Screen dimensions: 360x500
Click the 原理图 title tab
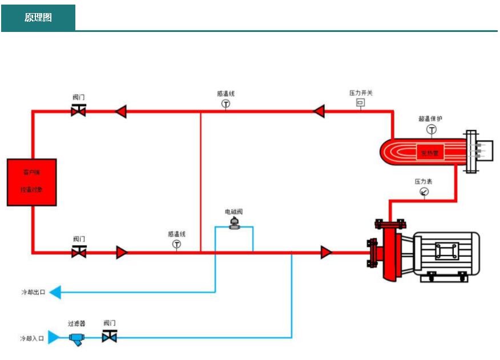(x=38, y=18)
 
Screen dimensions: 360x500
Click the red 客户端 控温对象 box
(x=31, y=182)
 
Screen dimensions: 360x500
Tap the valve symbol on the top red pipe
(x=79, y=111)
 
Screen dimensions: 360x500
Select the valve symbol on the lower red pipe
(x=79, y=252)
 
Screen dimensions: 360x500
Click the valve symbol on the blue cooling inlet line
(x=109, y=337)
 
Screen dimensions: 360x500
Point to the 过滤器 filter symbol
(x=76, y=338)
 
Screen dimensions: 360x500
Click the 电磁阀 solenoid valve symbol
(x=234, y=224)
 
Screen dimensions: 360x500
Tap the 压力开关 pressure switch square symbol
(x=360, y=103)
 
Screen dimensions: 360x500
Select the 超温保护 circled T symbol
(x=432, y=130)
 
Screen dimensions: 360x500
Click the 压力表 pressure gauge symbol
(x=424, y=192)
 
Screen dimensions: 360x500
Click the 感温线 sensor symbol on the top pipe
(x=225, y=104)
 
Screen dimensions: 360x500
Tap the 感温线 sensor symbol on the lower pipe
(x=176, y=244)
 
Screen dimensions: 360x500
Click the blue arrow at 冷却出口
(x=55, y=293)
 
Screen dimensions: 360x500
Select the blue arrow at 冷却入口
(x=54, y=338)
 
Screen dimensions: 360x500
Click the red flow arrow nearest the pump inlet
(x=326, y=252)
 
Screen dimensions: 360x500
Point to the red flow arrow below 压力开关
(x=318, y=111)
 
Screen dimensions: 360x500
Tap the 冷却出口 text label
(x=33, y=293)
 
